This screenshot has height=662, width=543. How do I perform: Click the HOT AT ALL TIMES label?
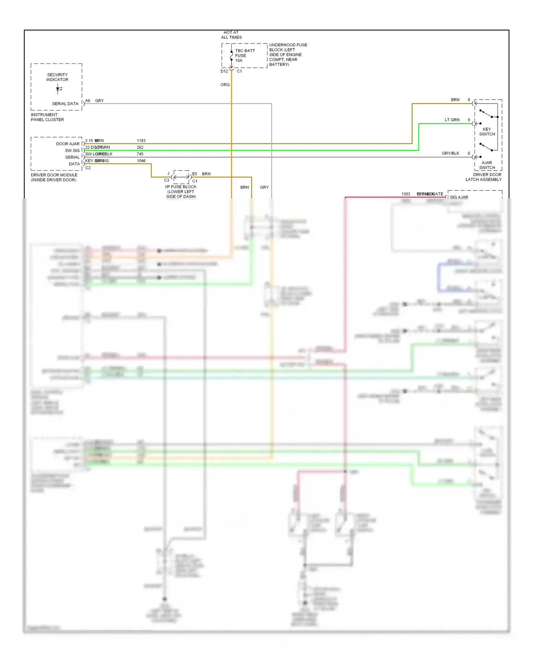tap(231, 35)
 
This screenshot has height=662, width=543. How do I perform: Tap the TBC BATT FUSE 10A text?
tap(245, 55)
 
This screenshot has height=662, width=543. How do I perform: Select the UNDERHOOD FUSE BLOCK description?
tap(288, 55)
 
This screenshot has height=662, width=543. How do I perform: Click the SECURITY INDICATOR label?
tap(57, 77)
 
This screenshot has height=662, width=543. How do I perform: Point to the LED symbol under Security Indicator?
tap(58, 89)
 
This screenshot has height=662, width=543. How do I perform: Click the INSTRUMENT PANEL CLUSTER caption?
tap(47, 117)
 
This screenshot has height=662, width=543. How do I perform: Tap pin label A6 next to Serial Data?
tap(88, 101)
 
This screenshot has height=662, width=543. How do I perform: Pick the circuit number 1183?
tap(141, 141)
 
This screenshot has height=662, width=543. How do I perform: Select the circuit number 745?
tap(140, 154)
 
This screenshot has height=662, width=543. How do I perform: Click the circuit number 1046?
tap(141, 161)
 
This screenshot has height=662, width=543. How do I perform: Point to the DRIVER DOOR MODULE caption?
tap(54, 177)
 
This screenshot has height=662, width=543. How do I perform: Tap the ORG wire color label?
tap(225, 85)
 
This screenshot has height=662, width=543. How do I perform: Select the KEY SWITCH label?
tap(487, 131)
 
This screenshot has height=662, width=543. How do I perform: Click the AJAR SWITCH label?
tap(487, 165)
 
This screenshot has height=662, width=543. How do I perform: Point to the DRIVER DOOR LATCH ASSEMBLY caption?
tap(484, 177)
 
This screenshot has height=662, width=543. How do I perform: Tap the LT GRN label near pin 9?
tap(452, 120)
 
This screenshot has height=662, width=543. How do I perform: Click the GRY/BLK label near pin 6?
tap(450, 153)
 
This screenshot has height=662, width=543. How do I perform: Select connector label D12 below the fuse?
tap(224, 71)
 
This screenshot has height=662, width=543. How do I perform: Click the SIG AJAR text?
tap(459, 197)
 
